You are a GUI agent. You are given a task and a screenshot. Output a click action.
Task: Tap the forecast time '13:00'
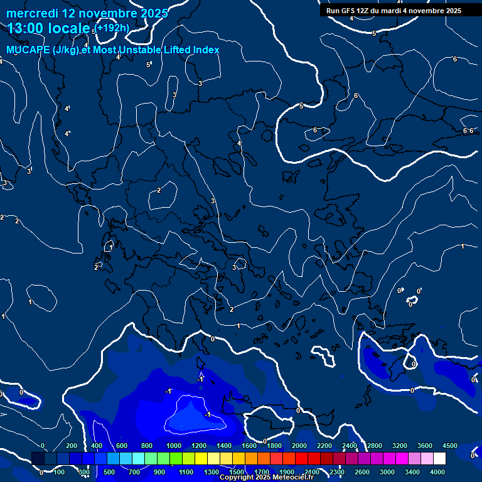[26, 28]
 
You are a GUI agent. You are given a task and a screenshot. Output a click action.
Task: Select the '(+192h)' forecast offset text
[112, 28]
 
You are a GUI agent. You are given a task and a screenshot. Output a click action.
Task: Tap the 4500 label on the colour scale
[449, 446]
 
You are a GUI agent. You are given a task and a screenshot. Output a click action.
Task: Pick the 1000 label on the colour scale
[174, 446]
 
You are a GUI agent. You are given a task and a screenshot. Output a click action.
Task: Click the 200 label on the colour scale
[72, 446]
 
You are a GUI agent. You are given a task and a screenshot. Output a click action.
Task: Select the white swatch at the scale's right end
[439, 459]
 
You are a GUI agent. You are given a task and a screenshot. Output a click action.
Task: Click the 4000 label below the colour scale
[437, 472]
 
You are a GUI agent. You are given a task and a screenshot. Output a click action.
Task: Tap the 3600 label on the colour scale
[425, 446]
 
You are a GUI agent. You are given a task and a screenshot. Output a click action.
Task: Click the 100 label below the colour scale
[59, 472]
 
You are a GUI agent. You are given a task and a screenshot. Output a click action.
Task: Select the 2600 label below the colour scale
[362, 472]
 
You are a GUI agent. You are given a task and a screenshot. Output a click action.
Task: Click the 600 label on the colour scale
[122, 446]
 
